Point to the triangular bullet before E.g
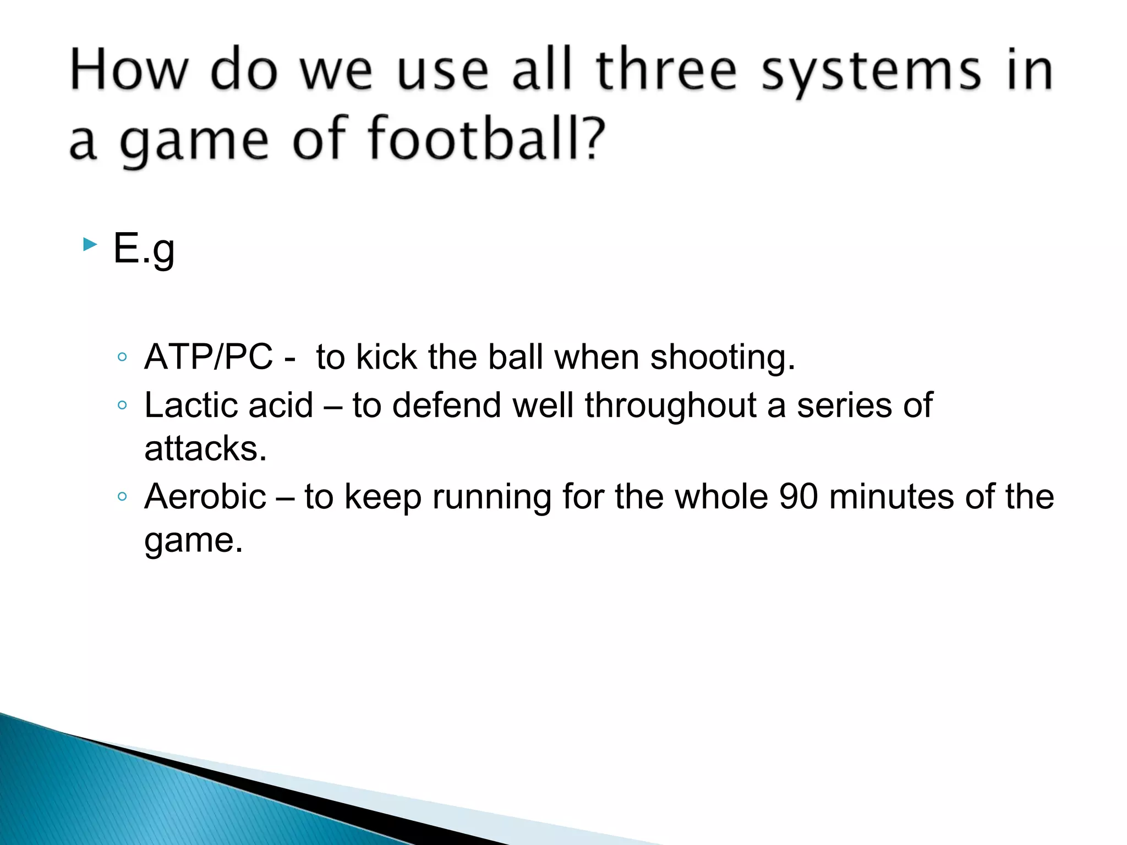pyautogui.click(x=90, y=245)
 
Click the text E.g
pyautogui.click(x=144, y=249)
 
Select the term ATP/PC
pyautogui.click(x=209, y=357)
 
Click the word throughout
pyautogui.click(x=670, y=407)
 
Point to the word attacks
pyautogui.click(x=205, y=448)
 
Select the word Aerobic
pyautogui.click(x=205, y=497)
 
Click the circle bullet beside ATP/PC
pyautogui.click(x=122, y=358)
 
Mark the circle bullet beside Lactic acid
pyautogui.click(x=122, y=406)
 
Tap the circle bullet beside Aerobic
pyautogui.click(x=122, y=497)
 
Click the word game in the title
pyautogui.click(x=194, y=141)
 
